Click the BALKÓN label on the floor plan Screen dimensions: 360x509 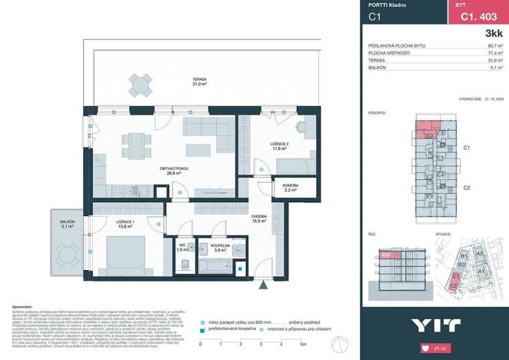coord(67,224)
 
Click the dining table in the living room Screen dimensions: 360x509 coord(136,142)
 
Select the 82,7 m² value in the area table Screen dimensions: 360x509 coord(495,47)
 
